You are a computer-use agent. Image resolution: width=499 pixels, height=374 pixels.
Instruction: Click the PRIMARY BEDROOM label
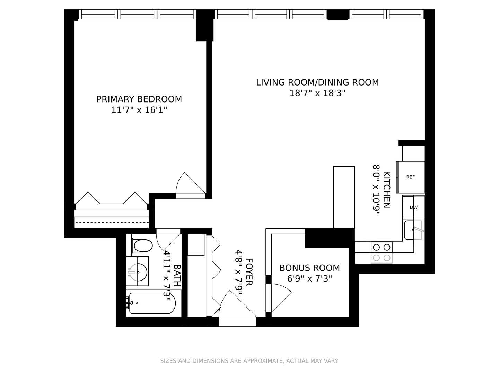tap(139, 99)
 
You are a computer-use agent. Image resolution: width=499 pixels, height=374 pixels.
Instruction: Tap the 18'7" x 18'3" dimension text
tap(317, 93)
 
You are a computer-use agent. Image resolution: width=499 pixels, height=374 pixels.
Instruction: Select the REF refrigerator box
tap(411, 177)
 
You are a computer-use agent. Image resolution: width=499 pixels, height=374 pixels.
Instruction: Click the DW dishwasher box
tap(413, 207)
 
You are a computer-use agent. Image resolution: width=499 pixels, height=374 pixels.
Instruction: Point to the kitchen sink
tap(413, 230)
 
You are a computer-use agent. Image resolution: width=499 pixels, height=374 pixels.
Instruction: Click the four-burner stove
tap(382, 252)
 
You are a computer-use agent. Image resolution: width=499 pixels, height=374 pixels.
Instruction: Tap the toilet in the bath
tap(142, 246)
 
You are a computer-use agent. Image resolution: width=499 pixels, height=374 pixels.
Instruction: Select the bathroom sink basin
tap(138, 271)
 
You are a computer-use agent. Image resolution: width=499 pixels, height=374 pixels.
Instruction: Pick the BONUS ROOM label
tap(309, 268)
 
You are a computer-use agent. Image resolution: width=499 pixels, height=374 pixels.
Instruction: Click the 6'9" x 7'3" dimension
tap(309, 278)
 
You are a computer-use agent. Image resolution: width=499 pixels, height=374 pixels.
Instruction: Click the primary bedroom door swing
tap(189, 185)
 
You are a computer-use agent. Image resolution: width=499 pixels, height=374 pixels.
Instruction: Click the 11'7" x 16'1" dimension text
tap(139, 110)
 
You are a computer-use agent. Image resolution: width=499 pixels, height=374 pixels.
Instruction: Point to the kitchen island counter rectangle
tap(344, 197)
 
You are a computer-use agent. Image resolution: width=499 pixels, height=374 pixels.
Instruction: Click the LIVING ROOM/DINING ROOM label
tap(317, 82)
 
